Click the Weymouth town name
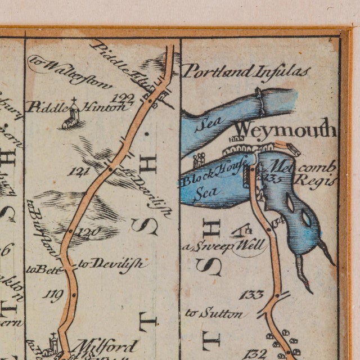pyautogui.click(x=285, y=130)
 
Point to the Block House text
pyautogui.click(x=211, y=177)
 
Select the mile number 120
pyautogui.click(x=88, y=231)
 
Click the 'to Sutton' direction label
pyautogui.click(x=214, y=313)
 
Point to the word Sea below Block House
pyautogui.click(x=206, y=193)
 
